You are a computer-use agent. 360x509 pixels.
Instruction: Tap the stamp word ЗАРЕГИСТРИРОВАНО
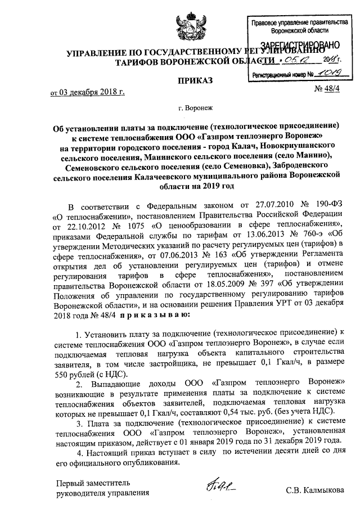coord(299,47)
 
